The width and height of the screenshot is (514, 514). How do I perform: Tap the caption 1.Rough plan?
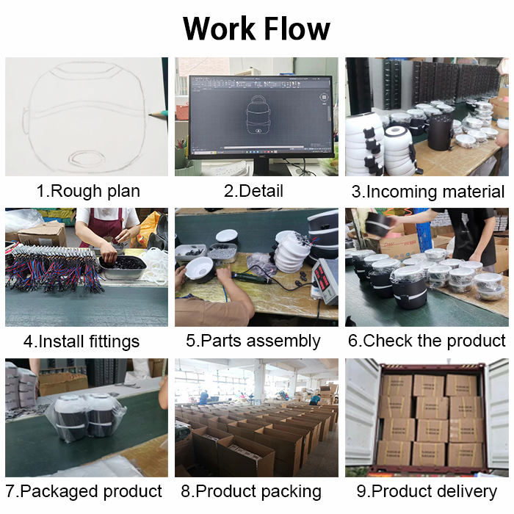(x=88, y=192)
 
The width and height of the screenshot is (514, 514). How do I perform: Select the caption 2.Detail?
(x=253, y=192)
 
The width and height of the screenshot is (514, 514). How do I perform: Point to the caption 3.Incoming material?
(x=428, y=192)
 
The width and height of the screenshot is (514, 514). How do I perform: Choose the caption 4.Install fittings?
(x=81, y=341)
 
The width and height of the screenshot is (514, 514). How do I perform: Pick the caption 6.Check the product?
(x=427, y=341)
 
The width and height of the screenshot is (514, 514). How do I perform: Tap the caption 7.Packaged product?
(x=84, y=491)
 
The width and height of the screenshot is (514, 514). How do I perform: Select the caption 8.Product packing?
(x=253, y=491)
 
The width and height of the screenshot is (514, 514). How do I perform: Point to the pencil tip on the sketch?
(x=152, y=115)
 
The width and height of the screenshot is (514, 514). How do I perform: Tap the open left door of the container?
(x=360, y=415)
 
